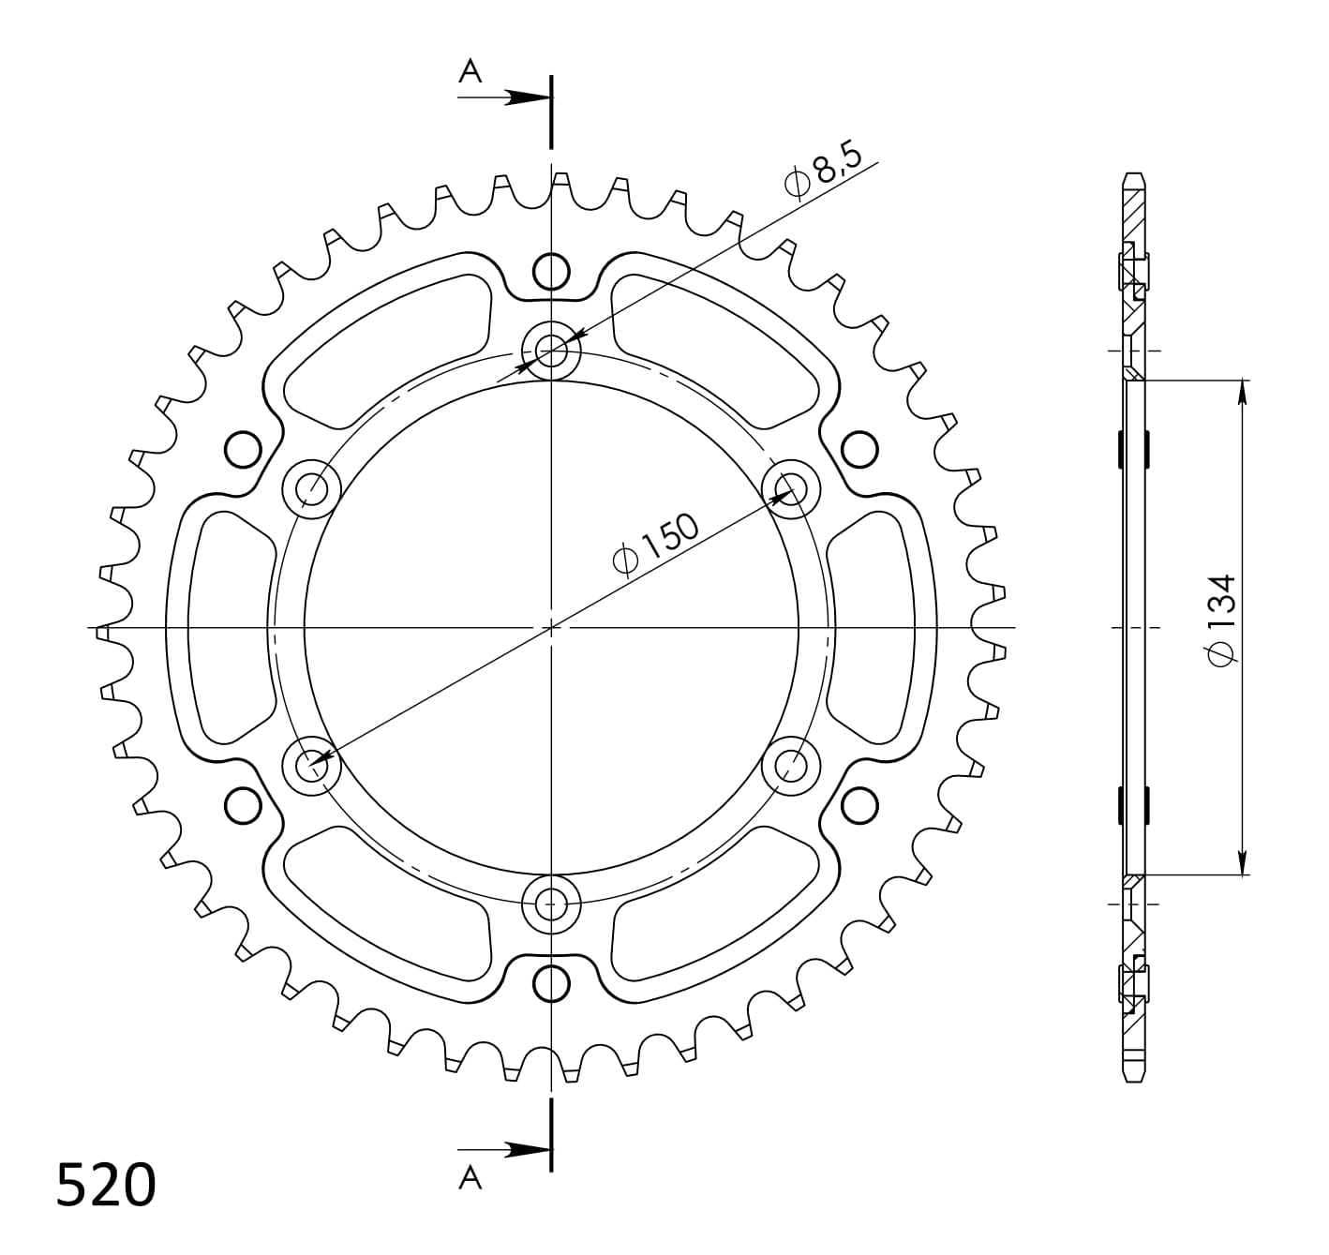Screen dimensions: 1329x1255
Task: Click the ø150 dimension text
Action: pos(656,545)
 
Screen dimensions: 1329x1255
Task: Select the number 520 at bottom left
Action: pos(106,1185)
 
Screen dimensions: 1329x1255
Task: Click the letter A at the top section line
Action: pos(470,70)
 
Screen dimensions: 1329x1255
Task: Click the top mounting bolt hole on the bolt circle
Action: pos(551,350)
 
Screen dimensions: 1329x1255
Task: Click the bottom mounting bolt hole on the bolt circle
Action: pos(551,904)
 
